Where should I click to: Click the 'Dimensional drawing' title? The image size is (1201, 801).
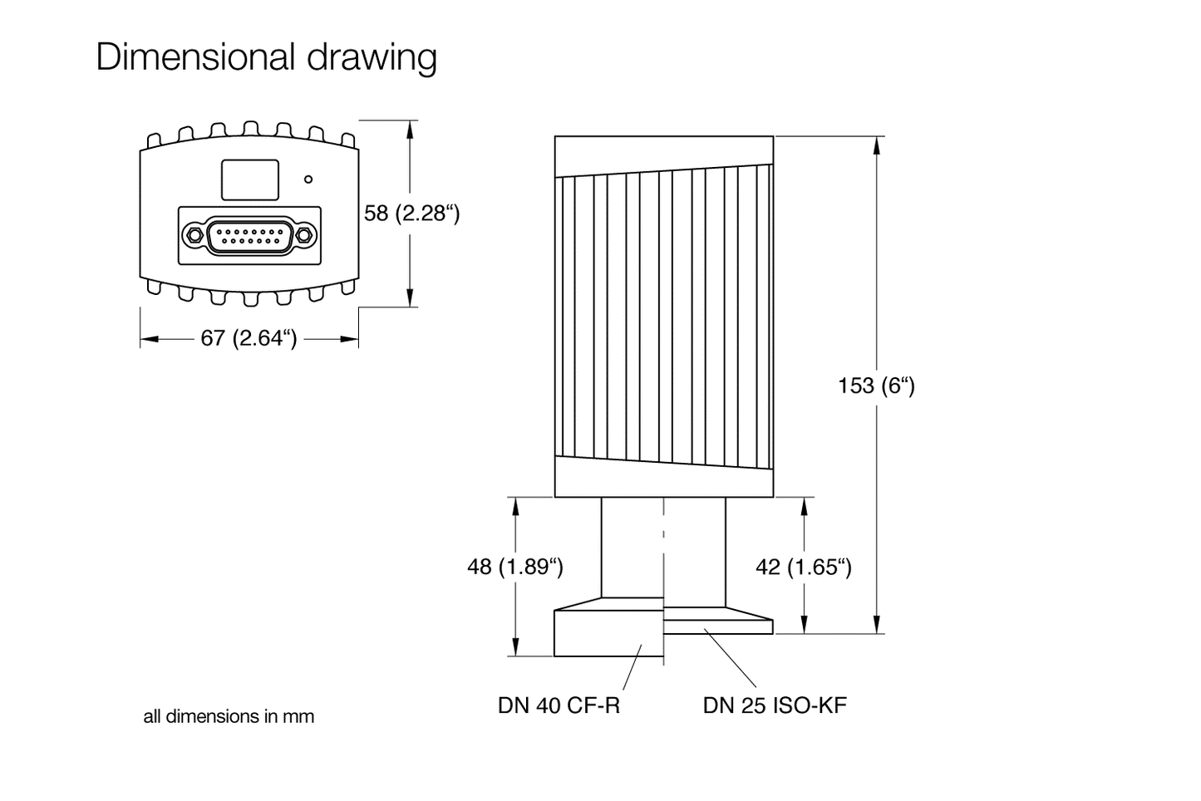[x=266, y=57]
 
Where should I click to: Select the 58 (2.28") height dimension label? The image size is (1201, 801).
[x=411, y=214]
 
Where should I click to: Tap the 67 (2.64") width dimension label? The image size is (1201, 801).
[x=249, y=338]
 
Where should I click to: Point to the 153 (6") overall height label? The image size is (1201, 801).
[x=876, y=386]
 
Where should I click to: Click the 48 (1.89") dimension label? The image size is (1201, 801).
[x=515, y=567]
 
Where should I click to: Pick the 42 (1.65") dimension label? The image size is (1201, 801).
[x=804, y=567]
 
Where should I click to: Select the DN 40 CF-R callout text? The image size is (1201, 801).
[x=559, y=705]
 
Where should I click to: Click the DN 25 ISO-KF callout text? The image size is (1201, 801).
[x=775, y=705]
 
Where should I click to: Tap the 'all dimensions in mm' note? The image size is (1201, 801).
[x=229, y=716]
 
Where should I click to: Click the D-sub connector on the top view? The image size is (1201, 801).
[x=249, y=236]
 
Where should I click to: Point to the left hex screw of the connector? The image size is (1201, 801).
[x=193, y=235]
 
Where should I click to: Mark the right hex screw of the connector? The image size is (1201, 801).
[x=305, y=235]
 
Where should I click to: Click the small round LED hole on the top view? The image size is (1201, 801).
[x=308, y=179]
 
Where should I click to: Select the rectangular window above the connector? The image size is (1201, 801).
[x=249, y=179]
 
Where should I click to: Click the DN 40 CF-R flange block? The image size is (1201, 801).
[x=608, y=632]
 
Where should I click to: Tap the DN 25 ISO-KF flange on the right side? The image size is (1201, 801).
[x=719, y=624]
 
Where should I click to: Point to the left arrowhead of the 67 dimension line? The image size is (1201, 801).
[x=148, y=339]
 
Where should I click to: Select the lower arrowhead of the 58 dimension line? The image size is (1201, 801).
[x=410, y=299]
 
